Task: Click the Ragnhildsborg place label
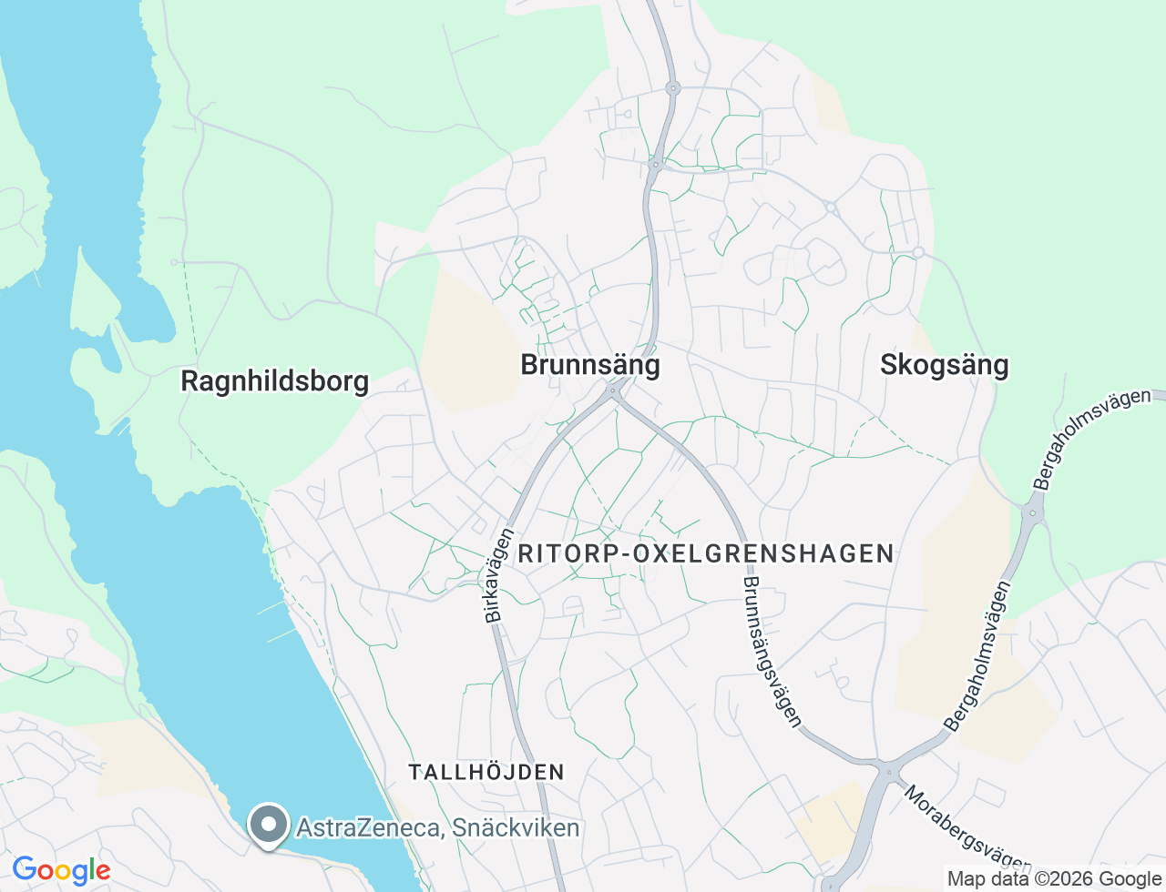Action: click(274, 380)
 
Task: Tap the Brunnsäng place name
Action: click(589, 365)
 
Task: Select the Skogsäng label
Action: click(944, 365)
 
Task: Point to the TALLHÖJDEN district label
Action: click(486, 773)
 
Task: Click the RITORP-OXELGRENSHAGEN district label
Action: click(706, 553)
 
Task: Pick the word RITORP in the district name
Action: click(570, 553)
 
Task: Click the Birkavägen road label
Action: click(499, 576)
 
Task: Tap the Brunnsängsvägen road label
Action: click(772, 651)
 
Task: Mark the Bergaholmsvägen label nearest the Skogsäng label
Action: click(1091, 440)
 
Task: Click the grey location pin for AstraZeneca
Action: click(269, 825)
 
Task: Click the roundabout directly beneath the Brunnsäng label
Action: click(613, 392)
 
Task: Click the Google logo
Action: click(61, 871)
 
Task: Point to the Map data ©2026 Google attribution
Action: click(1054, 879)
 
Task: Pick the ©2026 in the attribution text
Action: click(1057, 879)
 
